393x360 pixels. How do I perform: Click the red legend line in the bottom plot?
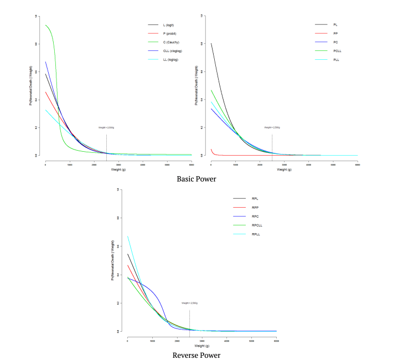[239, 207]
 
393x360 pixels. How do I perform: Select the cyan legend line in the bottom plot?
[239, 234]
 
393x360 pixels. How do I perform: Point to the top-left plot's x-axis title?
[118, 169]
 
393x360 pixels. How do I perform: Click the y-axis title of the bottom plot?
[113, 260]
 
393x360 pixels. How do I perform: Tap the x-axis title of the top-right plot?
[284, 169]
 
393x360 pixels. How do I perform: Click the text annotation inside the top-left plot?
[106, 127]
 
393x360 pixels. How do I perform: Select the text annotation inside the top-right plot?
[272, 127]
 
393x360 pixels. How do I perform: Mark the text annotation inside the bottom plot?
[189, 303]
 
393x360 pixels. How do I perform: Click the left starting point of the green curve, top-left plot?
[46, 25]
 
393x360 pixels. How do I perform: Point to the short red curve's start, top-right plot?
[211, 149]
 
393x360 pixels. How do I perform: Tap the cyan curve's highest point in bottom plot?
[128, 236]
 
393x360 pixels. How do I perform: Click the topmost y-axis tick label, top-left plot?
[36, 16]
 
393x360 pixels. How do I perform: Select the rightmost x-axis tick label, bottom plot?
[276, 341]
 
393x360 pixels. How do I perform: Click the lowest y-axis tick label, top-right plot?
[201, 156]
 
